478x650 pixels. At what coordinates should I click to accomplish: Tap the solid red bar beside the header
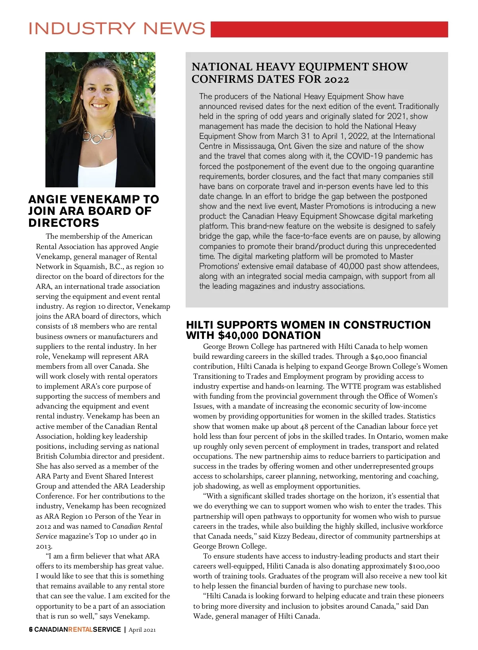point(329,29)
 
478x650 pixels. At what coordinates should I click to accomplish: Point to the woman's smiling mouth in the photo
point(98,106)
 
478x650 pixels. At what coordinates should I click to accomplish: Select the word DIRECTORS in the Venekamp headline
point(64,223)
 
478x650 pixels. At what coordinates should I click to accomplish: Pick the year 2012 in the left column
point(45,526)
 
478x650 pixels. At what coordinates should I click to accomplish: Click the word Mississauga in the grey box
point(254,146)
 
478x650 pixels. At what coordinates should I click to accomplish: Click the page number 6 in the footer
point(31,629)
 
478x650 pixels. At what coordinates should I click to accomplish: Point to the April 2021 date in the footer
point(142,630)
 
